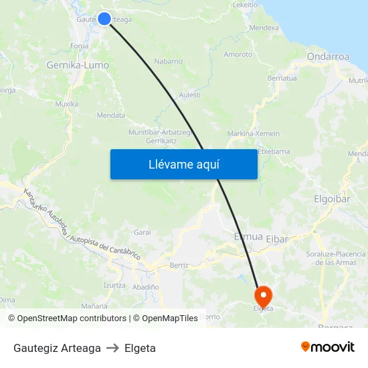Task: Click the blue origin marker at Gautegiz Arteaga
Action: coord(104,19)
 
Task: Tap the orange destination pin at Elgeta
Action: coord(263,294)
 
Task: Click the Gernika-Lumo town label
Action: coord(78,66)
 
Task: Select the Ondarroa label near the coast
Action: coord(328,57)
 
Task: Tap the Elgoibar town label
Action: coord(333,199)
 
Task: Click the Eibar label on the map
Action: coord(277,238)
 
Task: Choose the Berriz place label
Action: coord(179,265)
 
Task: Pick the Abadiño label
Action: coord(145,286)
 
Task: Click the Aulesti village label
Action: coord(189,95)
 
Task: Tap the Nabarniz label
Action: coord(169,61)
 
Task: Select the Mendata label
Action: coord(111,115)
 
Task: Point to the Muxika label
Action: coord(66,104)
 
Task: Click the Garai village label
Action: coord(142,232)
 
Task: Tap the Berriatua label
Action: coord(282,78)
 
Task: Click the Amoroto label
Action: coord(238,54)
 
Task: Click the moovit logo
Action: coord(328,347)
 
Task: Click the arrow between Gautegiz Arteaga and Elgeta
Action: coord(112,348)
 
